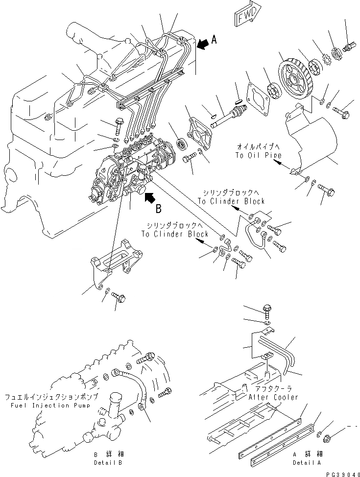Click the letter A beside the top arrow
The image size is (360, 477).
[214, 42]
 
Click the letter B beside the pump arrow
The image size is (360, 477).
[158, 209]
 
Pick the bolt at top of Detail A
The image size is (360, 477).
[267, 310]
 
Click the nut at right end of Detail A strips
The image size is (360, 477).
[328, 437]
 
